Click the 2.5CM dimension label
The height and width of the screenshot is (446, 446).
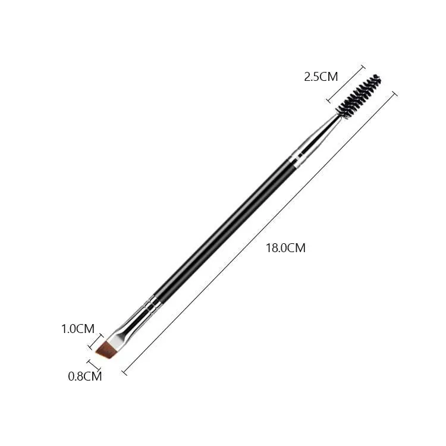pyautogui.click(x=321, y=77)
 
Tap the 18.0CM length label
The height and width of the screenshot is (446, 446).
pyautogui.click(x=285, y=248)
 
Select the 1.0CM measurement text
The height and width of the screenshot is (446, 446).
pyautogui.click(x=78, y=329)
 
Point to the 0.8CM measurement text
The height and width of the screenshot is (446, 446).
pyautogui.click(x=85, y=376)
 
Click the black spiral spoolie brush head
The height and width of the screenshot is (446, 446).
pyautogui.click(x=359, y=96)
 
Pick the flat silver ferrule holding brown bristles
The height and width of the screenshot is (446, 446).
pyautogui.click(x=128, y=327)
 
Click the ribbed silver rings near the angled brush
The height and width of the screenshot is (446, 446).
pyautogui.click(x=153, y=304)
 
